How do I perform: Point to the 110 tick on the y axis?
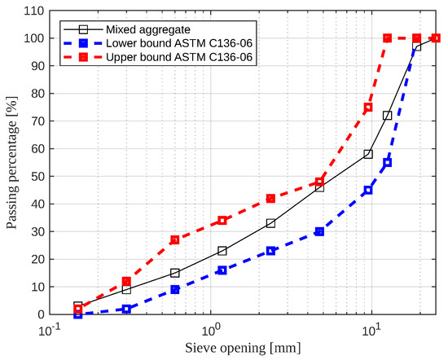pos(33,11)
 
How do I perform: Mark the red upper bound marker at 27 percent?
pos(174,239)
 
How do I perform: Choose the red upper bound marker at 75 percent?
pos(368,108)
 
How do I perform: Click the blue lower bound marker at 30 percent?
pos(319,231)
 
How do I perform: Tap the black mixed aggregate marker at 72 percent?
pos(388,116)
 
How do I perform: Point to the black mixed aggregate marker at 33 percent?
pos(271,223)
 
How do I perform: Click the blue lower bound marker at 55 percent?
pos(388,162)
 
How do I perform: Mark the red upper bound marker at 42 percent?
pos(271,198)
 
